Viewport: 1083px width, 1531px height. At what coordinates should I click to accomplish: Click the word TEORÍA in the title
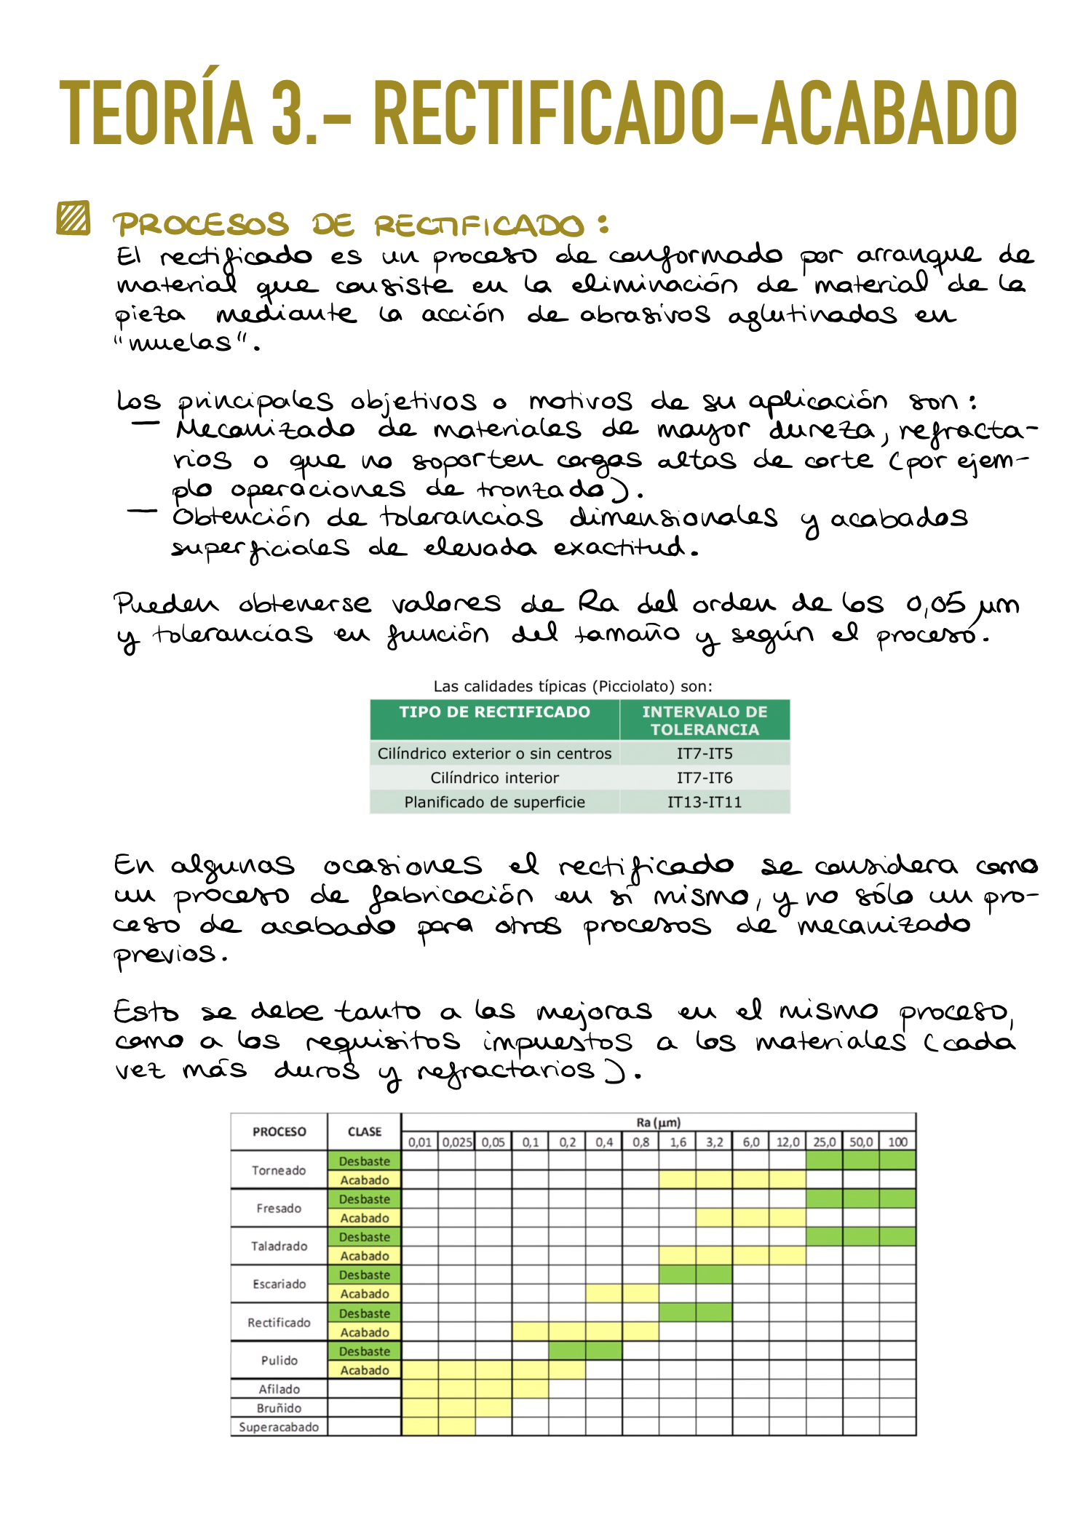tap(156, 113)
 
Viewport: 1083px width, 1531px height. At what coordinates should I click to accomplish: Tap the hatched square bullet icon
tap(74, 218)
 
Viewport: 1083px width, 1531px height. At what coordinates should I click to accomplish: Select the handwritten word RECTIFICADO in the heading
tap(480, 226)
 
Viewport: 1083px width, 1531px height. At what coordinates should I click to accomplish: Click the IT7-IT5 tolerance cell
tap(705, 753)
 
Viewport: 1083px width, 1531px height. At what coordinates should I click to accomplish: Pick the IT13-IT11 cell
tap(705, 802)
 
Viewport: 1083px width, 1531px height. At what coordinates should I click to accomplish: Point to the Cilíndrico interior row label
tap(494, 778)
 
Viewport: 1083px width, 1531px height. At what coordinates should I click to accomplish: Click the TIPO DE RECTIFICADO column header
tap(494, 712)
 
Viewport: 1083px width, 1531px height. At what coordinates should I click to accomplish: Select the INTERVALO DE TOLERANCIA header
tap(705, 720)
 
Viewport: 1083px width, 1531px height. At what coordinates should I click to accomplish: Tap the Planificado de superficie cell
tap(494, 802)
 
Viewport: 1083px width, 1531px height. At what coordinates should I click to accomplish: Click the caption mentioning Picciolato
tap(573, 686)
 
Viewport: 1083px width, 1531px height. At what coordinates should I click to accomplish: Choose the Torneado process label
tap(279, 1170)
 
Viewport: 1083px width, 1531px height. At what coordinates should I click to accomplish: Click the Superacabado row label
tap(279, 1427)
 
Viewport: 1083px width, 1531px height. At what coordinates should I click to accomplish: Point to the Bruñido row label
tap(279, 1408)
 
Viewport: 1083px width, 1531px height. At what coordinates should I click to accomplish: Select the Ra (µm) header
tap(658, 1122)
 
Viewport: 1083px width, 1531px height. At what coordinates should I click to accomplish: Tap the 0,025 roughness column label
tap(457, 1142)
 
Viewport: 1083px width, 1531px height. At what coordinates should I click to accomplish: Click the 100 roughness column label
tap(897, 1142)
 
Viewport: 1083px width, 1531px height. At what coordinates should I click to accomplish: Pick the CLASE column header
tap(365, 1132)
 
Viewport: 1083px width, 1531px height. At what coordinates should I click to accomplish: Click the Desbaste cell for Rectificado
tap(365, 1313)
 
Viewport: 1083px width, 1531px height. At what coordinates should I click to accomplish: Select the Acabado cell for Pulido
tap(365, 1370)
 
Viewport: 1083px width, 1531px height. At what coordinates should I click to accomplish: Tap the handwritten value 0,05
tap(935, 604)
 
